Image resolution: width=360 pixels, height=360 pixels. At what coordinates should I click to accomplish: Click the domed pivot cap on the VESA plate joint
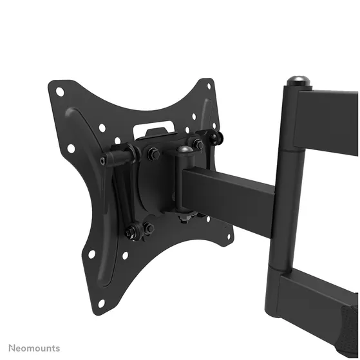click(185, 151)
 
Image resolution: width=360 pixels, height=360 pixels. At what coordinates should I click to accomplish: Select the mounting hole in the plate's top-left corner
click(60, 91)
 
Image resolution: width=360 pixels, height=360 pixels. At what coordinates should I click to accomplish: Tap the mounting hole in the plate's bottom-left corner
click(100, 303)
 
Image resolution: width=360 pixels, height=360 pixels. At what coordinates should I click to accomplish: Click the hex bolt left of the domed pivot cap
click(154, 154)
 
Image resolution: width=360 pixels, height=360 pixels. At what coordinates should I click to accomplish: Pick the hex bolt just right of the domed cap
click(198, 145)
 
